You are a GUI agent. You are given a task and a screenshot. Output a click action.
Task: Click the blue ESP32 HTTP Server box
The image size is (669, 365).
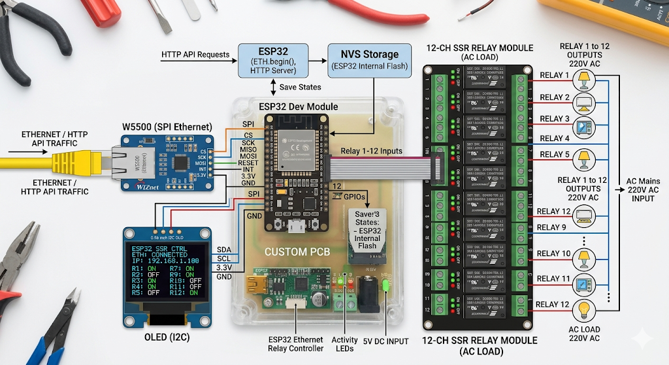[272, 59]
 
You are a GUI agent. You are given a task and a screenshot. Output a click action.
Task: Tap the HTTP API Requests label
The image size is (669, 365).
[195, 55]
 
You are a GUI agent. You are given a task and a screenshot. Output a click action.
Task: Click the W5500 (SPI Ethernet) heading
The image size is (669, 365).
[167, 126]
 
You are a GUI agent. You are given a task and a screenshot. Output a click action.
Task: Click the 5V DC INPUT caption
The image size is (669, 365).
[385, 341]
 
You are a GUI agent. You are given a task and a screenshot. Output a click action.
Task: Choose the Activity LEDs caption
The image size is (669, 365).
[345, 344]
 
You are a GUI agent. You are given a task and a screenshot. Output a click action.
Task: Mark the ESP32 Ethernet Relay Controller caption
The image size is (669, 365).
[296, 344]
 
